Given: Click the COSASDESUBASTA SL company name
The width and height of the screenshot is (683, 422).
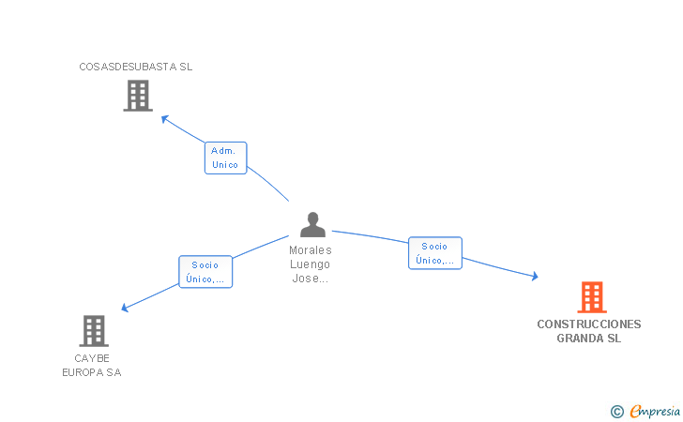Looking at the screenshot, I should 136,67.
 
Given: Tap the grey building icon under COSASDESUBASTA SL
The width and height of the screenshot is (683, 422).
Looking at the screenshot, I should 138,96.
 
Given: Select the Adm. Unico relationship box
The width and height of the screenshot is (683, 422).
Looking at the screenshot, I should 225,158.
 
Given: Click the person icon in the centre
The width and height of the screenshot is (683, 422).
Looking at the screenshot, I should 312,225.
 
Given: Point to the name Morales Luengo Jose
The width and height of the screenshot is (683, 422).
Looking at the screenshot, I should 311,264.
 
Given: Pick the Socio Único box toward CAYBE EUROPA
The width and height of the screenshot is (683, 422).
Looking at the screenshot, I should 205,272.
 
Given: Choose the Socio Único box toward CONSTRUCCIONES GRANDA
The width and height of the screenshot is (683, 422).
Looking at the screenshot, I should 435,253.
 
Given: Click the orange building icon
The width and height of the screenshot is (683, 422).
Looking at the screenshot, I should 591,297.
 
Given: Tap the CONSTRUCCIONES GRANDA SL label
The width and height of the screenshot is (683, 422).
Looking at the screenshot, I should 589,331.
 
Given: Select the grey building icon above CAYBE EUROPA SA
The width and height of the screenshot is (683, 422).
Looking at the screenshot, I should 93,331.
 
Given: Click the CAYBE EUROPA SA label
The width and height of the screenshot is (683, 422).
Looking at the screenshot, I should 92,366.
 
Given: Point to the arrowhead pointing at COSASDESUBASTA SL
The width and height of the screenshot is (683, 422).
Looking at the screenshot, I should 164,118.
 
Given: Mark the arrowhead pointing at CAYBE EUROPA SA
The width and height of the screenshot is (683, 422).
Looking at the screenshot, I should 126,307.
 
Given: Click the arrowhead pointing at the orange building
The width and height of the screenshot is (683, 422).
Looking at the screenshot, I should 535,276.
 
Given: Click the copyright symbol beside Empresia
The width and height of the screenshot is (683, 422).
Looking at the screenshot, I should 616,411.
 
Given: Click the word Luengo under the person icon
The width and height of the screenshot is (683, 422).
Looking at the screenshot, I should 311,264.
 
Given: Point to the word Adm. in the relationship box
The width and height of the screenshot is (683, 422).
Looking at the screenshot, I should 223,150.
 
